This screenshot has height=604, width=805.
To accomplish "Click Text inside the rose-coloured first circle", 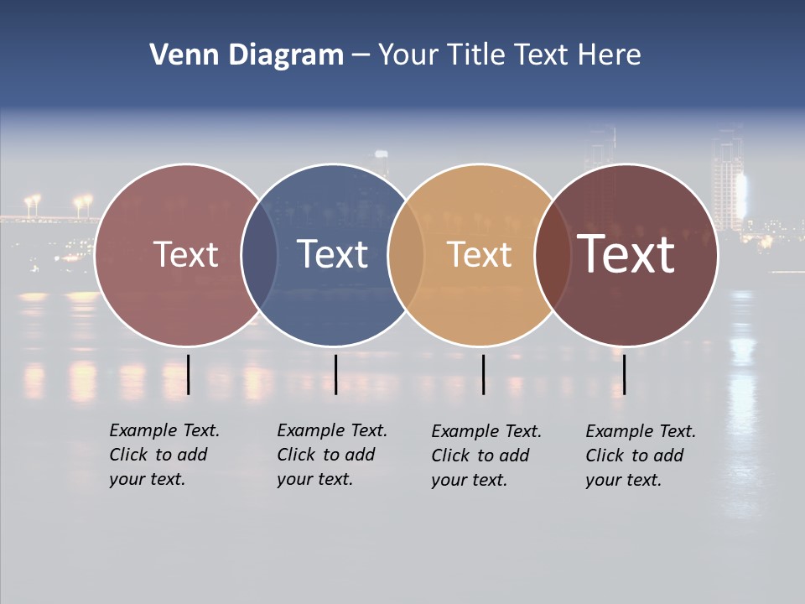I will pos(185,254).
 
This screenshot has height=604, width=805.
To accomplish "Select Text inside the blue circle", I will pos(332,254).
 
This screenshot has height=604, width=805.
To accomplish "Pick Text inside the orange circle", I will pos(479,254).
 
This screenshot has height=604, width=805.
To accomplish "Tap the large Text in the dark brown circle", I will pos(626,254).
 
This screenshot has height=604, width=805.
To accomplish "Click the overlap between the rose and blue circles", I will pos(259,254).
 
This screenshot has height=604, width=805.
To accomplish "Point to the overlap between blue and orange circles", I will pos(406,254).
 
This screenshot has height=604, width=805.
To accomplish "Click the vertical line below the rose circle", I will pos(189,374).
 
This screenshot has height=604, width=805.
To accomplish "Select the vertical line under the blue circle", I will pos(335,374).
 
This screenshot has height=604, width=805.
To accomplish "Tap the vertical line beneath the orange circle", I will pos(483,374).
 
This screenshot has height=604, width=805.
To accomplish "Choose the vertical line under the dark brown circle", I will pos(624,374).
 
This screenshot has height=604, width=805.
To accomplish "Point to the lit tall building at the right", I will pos(728,180).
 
